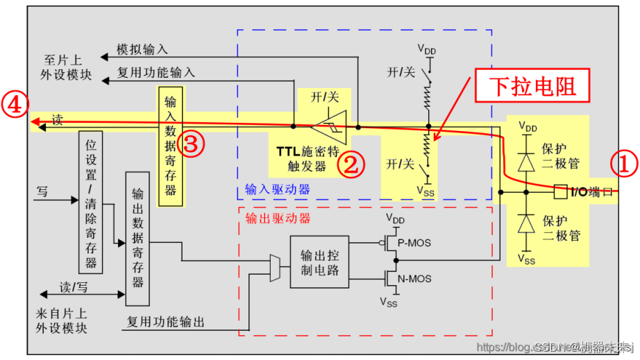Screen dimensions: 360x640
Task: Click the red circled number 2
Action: (351, 164)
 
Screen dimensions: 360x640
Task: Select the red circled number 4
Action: (14, 105)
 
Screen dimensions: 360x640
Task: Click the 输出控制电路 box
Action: (319, 262)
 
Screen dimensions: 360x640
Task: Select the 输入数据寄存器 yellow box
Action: (171, 146)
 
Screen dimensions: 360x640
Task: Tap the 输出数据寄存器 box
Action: (137, 239)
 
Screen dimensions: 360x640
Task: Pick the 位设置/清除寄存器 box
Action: (91, 201)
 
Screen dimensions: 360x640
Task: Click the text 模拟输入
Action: (142, 50)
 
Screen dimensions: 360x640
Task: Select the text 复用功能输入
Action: (156, 71)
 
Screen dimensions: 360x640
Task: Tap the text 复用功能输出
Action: (166, 322)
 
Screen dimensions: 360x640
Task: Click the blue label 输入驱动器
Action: (277, 189)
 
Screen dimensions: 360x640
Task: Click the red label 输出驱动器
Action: (278, 218)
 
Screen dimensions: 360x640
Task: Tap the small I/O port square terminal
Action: (562, 190)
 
